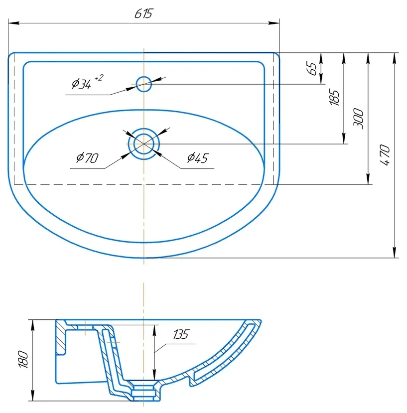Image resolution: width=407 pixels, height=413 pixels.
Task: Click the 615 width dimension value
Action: point(143,13)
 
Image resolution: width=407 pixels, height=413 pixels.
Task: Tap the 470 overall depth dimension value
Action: point(385,155)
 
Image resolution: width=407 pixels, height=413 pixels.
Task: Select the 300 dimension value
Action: point(358,119)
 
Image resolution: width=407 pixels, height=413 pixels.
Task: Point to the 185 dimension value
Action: point(335,98)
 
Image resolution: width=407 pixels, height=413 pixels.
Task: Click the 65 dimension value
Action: point(312,68)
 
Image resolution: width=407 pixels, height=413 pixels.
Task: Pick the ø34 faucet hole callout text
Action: point(81,84)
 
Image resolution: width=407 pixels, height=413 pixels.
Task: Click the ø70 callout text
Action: point(87,157)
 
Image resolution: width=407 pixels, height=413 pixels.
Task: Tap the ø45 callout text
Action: point(198,157)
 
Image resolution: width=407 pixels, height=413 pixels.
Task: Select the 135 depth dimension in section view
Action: point(181,334)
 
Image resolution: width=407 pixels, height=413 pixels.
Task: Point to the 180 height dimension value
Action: point(23,359)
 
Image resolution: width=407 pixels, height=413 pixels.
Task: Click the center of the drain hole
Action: point(144,144)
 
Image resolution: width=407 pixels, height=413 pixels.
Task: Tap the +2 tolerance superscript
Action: point(99,78)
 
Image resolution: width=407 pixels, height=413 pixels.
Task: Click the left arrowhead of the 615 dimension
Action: point(13,23)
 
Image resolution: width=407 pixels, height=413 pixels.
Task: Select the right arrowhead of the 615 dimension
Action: point(274,23)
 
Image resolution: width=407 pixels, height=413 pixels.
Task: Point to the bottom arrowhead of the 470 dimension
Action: point(395,252)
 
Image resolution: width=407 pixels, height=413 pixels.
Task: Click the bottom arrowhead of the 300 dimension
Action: point(368,179)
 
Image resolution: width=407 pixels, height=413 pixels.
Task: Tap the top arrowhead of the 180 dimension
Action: point(33,325)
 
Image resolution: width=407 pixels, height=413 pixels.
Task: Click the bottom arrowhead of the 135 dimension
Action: point(154,375)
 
